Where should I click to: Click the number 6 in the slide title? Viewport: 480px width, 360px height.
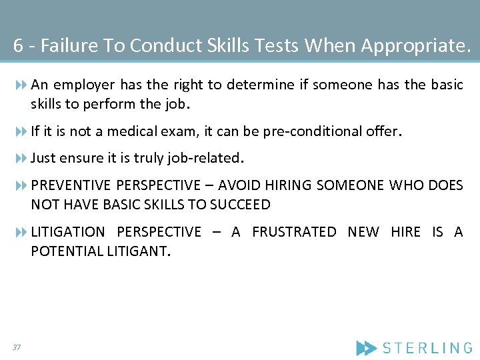click(x=18, y=45)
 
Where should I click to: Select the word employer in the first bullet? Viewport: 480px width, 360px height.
click(x=81, y=85)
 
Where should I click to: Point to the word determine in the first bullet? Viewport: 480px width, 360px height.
click(x=260, y=85)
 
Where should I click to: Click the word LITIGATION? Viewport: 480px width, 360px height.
click(x=68, y=232)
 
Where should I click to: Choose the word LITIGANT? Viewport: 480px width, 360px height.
click(x=138, y=251)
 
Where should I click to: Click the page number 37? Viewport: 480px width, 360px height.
click(x=16, y=347)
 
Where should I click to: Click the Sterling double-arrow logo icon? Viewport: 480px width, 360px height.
click(x=366, y=347)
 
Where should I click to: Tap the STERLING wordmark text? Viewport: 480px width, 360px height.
click(x=427, y=347)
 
